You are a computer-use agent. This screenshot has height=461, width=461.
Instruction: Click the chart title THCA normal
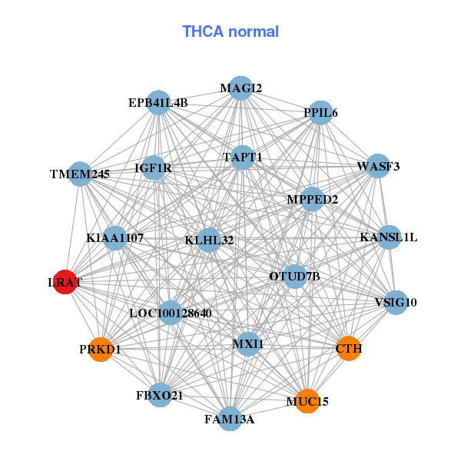pos(230,32)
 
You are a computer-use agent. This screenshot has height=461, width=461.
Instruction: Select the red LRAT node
pos(65,282)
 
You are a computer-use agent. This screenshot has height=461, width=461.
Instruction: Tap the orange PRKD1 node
pos(101,349)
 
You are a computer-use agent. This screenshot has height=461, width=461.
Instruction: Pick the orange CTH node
pos(348,348)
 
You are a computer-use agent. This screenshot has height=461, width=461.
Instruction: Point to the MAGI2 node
pos(241,88)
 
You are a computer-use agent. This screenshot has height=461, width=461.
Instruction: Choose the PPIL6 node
pos(320,113)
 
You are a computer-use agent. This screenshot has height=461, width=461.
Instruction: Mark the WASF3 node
pos(377,166)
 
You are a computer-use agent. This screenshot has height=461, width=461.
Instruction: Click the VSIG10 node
pos(395,301)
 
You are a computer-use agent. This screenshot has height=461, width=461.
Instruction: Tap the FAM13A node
pos(230,418)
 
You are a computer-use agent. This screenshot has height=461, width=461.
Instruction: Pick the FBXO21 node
pos(160,395)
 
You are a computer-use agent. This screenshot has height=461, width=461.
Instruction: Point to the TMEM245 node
pos(80,174)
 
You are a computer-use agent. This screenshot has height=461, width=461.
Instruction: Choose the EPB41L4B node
pos(158,102)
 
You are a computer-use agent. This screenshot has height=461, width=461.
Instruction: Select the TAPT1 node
pos(243,158)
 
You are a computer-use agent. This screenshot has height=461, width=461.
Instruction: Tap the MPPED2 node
pos(313,199)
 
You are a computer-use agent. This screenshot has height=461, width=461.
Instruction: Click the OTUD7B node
pos(295,275)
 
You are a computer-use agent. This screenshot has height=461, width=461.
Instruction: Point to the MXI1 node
pos(247,343)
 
